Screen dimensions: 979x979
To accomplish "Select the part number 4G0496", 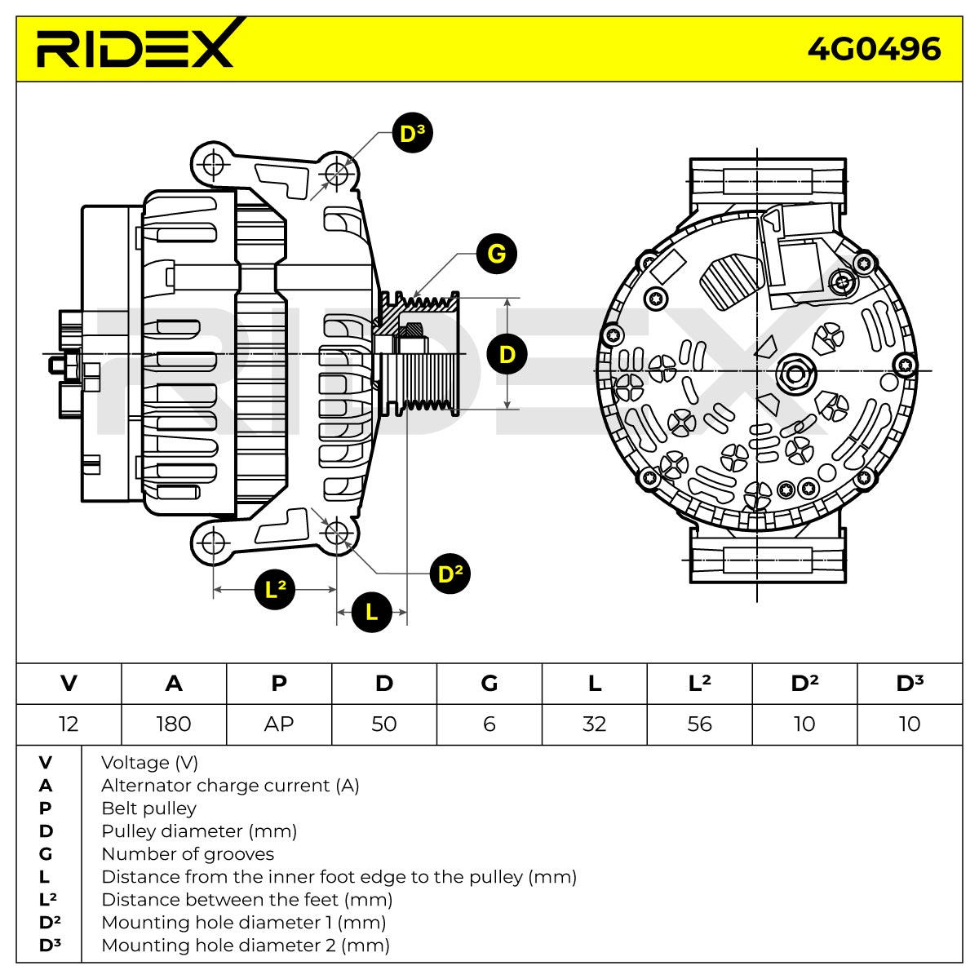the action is pyautogui.click(x=874, y=49).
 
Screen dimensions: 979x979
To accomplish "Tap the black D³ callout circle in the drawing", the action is pyautogui.click(x=413, y=133).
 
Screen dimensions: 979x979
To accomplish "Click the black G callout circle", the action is pyautogui.click(x=496, y=254).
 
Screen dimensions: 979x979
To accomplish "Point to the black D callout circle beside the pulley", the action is pyautogui.click(x=507, y=354).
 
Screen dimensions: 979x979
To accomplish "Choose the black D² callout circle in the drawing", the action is pyautogui.click(x=450, y=574).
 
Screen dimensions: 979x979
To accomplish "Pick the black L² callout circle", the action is pyautogui.click(x=275, y=589).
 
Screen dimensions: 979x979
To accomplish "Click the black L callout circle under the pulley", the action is pyautogui.click(x=372, y=612).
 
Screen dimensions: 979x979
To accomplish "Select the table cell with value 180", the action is pyautogui.click(x=174, y=724).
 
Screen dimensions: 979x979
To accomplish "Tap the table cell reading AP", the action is pyautogui.click(x=279, y=724).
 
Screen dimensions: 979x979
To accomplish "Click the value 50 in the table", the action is pyautogui.click(x=384, y=724).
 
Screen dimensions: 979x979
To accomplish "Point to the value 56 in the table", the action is pyautogui.click(x=699, y=724).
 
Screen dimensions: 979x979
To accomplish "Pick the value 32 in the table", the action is pyautogui.click(x=595, y=724).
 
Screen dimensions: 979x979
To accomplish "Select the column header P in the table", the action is pyautogui.click(x=279, y=684).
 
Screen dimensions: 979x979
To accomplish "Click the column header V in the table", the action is pyautogui.click(x=69, y=684).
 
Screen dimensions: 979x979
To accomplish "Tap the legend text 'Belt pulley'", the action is pyautogui.click(x=148, y=808).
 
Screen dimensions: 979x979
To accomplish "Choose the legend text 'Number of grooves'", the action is pyautogui.click(x=188, y=854).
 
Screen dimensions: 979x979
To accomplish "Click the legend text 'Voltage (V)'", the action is pyautogui.click(x=150, y=763).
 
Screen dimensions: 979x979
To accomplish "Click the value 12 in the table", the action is pyautogui.click(x=69, y=724).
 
